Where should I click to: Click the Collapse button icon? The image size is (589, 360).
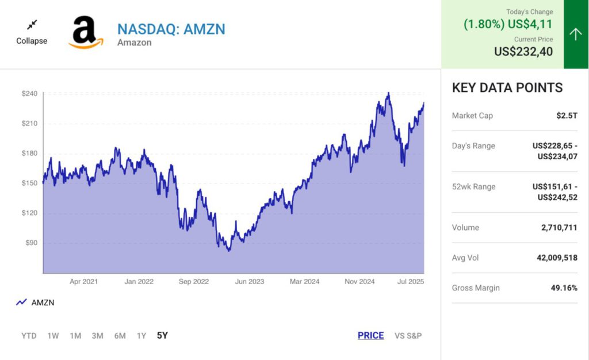(x=32, y=25)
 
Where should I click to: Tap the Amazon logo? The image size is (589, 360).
(x=86, y=32)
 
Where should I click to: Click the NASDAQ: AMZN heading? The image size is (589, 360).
(x=171, y=29)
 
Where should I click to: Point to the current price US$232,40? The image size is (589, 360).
(x=523, y=52)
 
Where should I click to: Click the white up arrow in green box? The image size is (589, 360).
(x=576, y=35)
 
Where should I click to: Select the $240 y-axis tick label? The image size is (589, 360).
(x=29, y=94)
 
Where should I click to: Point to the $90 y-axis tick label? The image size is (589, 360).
(x=31, y=243)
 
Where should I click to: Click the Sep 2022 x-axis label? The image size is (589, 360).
(x=193, y=282)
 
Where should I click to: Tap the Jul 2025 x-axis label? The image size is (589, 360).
(x=410, y=282)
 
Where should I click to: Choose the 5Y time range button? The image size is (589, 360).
(x=162, y=336)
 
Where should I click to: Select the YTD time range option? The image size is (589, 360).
(x=29, y=336)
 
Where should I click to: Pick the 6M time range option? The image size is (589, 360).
(x=120, y=336)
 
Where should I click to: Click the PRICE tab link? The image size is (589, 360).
(x=370, y=336)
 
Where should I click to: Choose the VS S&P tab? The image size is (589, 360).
(x=408, y=336)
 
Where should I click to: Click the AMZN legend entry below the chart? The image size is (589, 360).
(x=36, y=302)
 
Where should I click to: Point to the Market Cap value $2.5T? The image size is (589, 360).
(x=567, y=116)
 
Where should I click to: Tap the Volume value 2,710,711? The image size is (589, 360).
(x=559, y=228)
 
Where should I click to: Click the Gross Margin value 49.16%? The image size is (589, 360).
(x=564, y=288)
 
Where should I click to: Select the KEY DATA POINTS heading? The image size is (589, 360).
(x=507, y=88)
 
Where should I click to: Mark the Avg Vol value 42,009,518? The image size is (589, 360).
(x=557, y=258)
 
